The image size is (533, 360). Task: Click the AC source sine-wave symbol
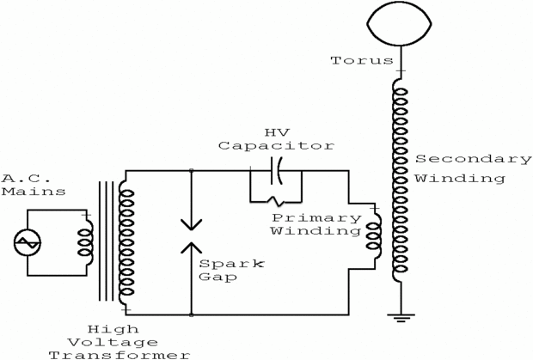(x=28, y=242)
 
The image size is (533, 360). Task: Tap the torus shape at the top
(x=399, y=45)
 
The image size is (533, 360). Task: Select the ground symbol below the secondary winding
(x=401, y=318)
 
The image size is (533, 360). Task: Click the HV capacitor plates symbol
(x=276, y=171)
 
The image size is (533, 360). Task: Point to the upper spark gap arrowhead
(x=192, y=224)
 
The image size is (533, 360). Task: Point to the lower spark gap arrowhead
(x=192, y=247)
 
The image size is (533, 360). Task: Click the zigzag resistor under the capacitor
(x=276, y=201)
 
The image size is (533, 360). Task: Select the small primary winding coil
(x=373, y=237)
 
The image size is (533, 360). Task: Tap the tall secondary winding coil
(x=400, y=180)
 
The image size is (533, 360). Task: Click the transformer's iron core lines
(x=106, y=241)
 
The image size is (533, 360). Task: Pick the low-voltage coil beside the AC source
(x=85, y=241)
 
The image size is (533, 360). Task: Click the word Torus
(x=362, y=60)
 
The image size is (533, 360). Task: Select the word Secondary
(x=473, y=159)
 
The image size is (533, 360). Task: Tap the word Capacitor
(x=276, y=146)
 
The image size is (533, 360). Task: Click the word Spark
(x=231, y=264)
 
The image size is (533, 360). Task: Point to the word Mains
(x=34, y=192)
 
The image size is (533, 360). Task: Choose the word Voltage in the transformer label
(x=113, y=342)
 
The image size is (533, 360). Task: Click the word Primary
(x=316, y=218)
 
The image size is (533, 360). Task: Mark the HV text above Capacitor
(x=277, y=132)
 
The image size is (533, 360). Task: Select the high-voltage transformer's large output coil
(x=126, y=242)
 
